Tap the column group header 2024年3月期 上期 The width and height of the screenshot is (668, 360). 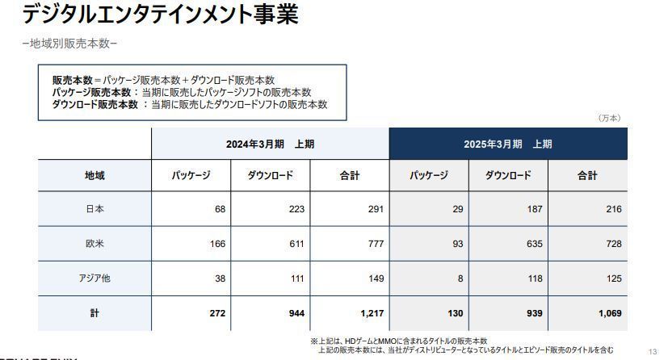(x=270, y=144)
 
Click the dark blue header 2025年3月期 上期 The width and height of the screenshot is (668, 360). (x=508, y=144)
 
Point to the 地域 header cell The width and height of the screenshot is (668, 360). (x=95, y=175)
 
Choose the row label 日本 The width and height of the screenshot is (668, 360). (x=95, y=209)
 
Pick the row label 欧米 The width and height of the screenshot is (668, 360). (x=95, y=244)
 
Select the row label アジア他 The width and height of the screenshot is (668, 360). (x=95, y=278)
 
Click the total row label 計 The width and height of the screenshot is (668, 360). (x=95, y=313)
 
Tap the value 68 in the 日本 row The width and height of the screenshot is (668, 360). (x=220, y=209)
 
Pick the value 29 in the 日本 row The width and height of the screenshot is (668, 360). (x=457, y=209)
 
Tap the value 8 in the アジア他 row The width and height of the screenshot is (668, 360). (x=460, y=278)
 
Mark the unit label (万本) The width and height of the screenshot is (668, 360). (x=609, y=118)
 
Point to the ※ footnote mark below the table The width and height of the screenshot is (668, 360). (x=313, y=340)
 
